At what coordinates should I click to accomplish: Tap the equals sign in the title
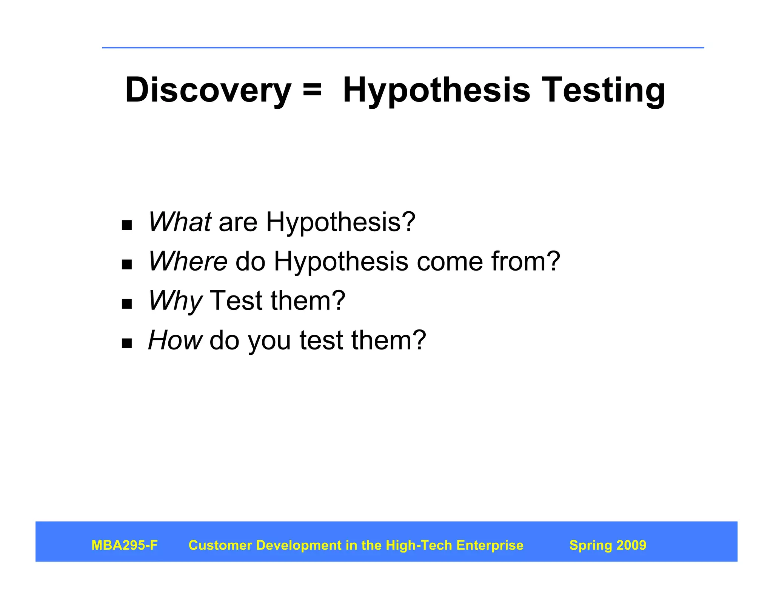pos(312,91)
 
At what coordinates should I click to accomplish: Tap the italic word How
pos(175,340)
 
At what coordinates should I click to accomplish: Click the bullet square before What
pos(127,225)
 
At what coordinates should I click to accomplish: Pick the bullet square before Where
pos(127,265)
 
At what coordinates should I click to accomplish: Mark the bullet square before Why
pos(127,304)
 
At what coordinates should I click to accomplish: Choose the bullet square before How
pos(127,343)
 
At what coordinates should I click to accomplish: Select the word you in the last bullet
pos(269,340)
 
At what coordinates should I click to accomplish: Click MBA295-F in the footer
pos(124,545)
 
